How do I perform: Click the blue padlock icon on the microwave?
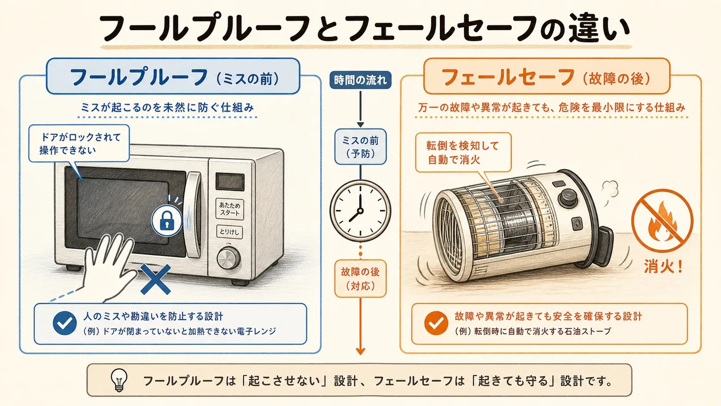point(167,221)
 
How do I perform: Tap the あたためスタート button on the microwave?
point(229,209)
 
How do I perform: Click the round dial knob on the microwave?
point(229,258)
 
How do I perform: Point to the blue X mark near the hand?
point(156,279)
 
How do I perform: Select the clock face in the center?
point(360,211)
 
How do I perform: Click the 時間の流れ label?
point(360,80)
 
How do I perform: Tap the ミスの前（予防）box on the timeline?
point(360,147)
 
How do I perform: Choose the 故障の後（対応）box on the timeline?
point(360,278)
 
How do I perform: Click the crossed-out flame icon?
point(662,221)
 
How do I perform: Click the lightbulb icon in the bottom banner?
point(119,380)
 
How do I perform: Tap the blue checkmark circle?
point(65,323)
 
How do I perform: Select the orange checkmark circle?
point(436,323)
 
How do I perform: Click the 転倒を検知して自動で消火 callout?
point(463,152)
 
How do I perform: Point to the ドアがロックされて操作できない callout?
point(79,143)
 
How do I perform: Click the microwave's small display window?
point(230,182)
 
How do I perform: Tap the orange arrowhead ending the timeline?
point(360,351)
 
